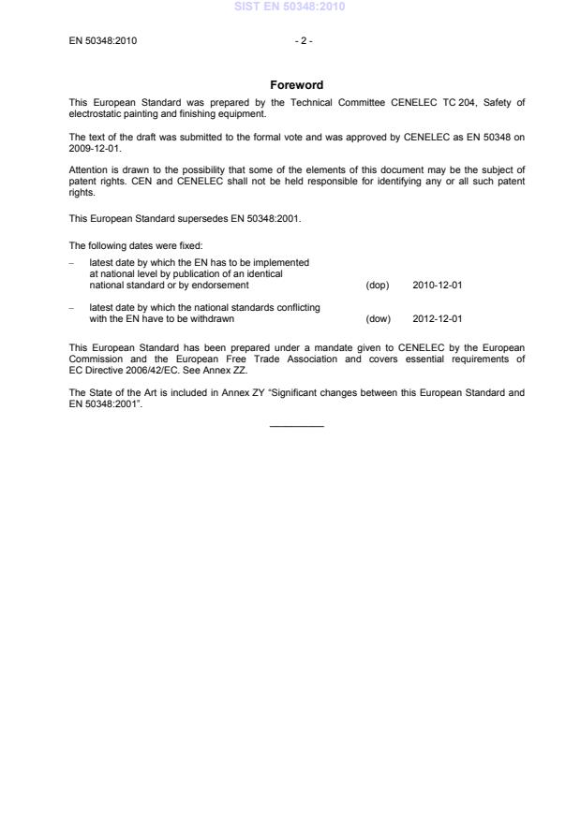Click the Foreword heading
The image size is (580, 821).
coord(296,85)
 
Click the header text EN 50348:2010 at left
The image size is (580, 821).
coord(104,41)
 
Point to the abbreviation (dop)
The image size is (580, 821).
coord(377,286)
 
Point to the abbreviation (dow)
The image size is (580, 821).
coord(377,318)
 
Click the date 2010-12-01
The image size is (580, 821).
coord(437,286)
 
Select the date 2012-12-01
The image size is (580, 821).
coord(437,318)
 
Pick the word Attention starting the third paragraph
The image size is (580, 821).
coord(88,169)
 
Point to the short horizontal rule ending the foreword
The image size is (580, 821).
coord(296,427)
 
